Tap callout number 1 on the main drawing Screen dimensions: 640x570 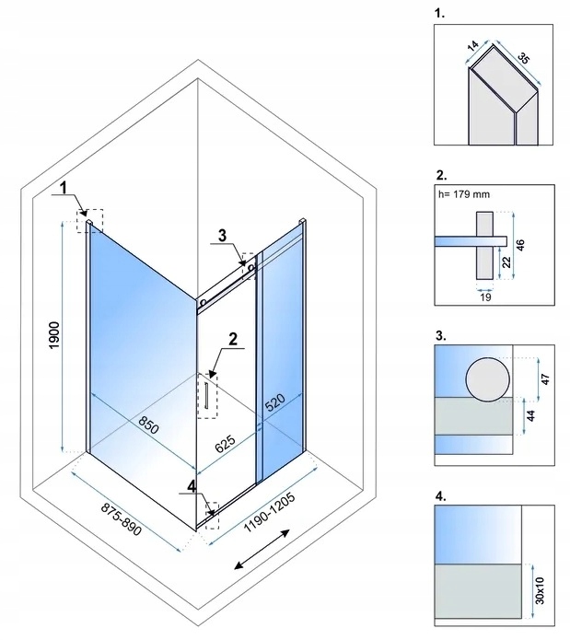point(64,189)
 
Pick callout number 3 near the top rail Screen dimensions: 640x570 point(217,236)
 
